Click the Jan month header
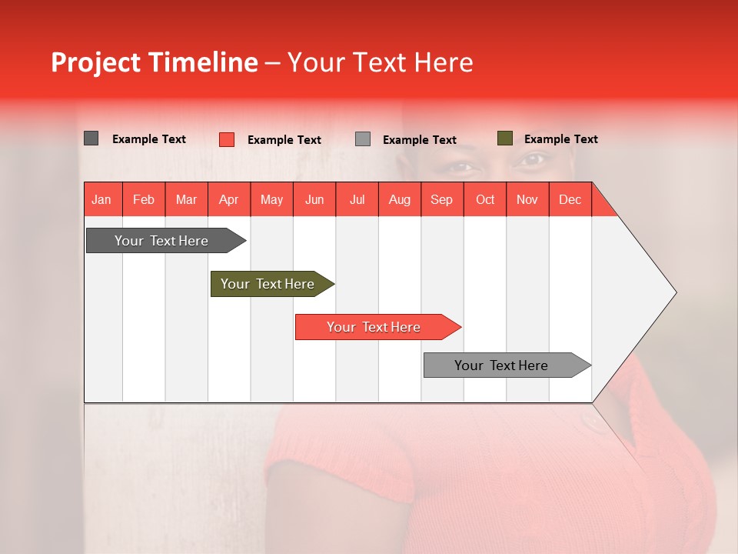point(101,199)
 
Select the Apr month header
point(228,199)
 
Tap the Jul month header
point(357,199)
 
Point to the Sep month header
point(441,199)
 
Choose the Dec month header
point(570,199)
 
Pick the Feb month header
point(144,199)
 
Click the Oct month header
point(485,199)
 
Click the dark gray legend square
point(91,138)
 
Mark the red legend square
point(227,139)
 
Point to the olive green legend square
point(504,138)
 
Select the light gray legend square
point(363,139)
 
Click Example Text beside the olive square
point(560,139)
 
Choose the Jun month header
point(314,199)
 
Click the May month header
point(271,199)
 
